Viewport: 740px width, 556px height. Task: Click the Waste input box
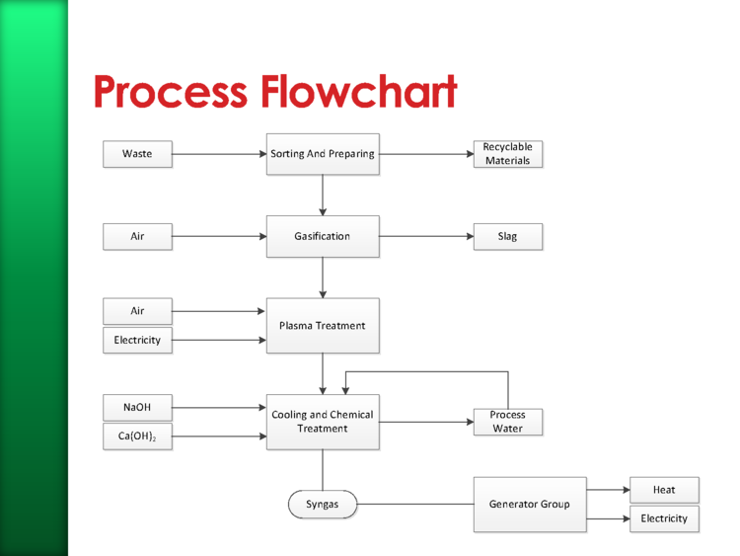tap(137, 154)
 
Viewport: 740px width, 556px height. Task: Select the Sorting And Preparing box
tap(323, 154)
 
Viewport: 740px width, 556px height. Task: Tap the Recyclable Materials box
tap(508, 154)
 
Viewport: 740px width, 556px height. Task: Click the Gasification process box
tap(323, 237)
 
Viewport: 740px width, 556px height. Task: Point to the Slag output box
tap(508, 237)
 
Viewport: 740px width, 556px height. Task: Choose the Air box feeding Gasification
tap(137, 237)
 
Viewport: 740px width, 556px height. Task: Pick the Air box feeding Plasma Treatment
tap(137, 311)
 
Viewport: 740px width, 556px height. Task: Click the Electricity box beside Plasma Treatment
tap(137, 340)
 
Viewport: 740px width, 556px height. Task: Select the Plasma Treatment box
tap(323, 326)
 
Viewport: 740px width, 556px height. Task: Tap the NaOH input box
tap(137, 407)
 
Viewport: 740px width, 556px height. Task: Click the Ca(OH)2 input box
tap(137, 437)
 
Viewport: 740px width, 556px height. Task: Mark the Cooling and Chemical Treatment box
tap(323, 422)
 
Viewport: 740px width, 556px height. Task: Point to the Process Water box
tap(508, 422)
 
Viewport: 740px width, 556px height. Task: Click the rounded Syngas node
tap(323, 505)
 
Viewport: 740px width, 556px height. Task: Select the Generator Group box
tap(530, 505)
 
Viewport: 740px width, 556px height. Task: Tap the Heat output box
tap(664, 490)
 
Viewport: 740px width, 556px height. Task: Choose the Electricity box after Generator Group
tap(664, 519)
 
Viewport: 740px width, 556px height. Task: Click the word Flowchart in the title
tap(359, 91)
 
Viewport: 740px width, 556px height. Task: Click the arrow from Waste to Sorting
tap(219, 154)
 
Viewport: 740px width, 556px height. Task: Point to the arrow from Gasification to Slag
tap(426, 236)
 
